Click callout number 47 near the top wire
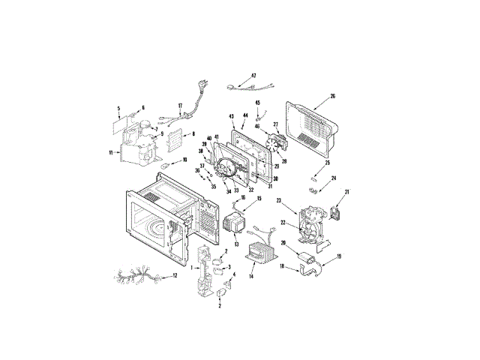click(253, 76)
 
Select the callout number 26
click(332, 96)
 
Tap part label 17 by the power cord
click(180, 105)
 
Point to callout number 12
click(175, 275)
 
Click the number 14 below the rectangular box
click(251, 277)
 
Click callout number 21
click(347, 192)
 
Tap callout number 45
click(258, 103)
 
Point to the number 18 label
click(282, 266)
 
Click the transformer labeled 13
click(235, 223)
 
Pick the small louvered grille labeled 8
click(174, 139)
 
